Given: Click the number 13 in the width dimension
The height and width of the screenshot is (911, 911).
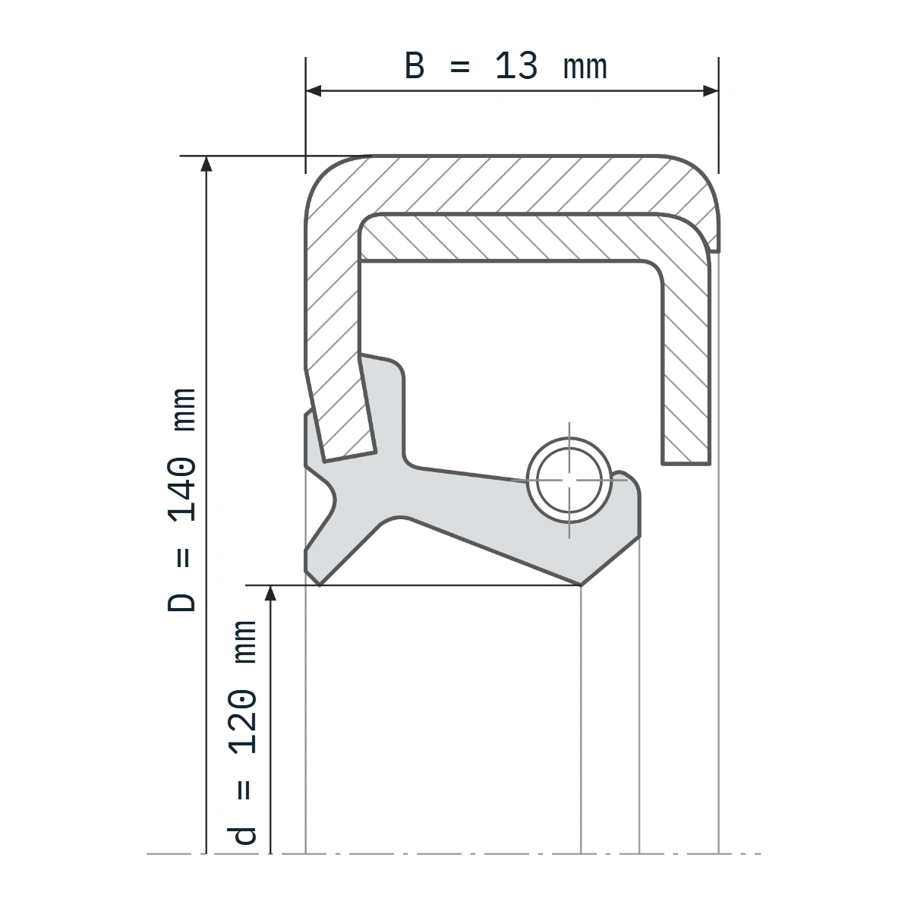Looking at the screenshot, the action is (x=516, y=66).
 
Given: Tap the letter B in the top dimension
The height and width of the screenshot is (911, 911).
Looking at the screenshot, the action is (x=415, y=66).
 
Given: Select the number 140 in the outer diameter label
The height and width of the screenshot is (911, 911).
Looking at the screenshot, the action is (x=182, y=490).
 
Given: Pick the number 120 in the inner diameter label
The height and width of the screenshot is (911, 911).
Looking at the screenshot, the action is (x=243, y=722).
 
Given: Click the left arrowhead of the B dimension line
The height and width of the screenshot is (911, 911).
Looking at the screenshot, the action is (x=314, y=91).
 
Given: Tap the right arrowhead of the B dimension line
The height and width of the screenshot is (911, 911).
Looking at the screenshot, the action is (x=711, y=91).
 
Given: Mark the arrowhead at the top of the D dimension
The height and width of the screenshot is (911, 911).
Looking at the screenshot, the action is (x=206, y=163).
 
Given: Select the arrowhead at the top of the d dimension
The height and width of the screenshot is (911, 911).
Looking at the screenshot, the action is (x=270, y=594).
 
